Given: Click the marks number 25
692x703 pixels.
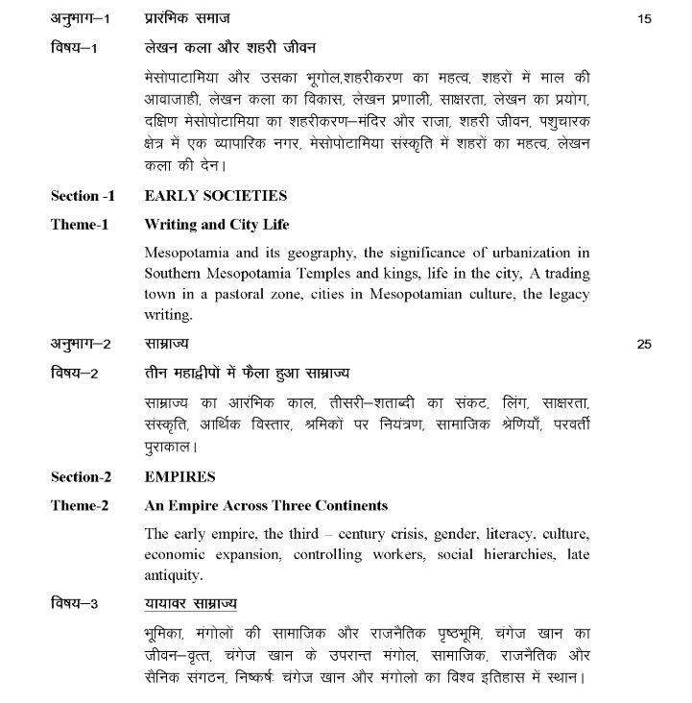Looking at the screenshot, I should pos(644,343).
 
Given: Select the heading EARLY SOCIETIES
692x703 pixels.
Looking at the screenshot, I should pos(215,196).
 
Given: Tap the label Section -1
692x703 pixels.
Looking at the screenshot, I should pos(83,196).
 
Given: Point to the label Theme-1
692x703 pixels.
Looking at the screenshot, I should pos(80,225).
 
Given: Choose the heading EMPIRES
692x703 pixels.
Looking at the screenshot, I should pos(179,476).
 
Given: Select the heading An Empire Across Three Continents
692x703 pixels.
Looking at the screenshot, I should pos(266,505).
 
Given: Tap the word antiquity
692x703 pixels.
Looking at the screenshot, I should pos(173,575).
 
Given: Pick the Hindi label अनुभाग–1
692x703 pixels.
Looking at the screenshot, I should pos(81,18).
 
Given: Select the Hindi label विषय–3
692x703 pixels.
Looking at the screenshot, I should pos(75,604).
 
